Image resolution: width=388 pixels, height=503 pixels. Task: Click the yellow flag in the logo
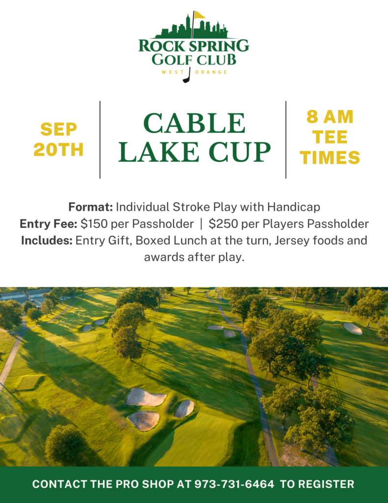[199, 15]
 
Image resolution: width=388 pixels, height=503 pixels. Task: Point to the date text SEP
[58, 130]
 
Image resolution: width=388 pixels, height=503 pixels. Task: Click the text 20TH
[58, 150]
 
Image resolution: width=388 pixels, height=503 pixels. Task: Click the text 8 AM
[330, 117]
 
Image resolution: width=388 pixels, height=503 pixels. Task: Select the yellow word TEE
[330, 137]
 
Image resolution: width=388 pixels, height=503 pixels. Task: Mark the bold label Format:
[91, 207]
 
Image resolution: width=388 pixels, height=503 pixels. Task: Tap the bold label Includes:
[47, 241]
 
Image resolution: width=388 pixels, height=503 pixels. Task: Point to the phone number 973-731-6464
[234, 484]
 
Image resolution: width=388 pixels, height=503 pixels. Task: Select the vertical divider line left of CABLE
[100, 140]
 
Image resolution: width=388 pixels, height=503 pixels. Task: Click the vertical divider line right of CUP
[286, 140]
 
